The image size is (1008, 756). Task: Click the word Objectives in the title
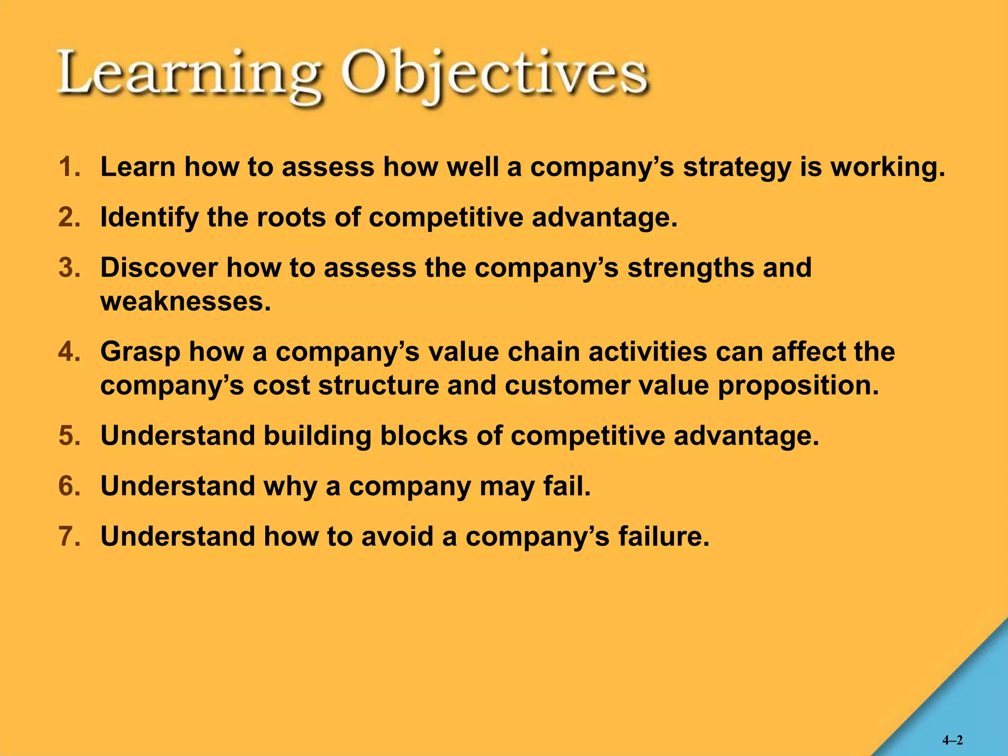coord(495,76)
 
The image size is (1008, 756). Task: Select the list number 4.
coord(69,352)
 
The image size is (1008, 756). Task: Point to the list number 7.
coord(69,536)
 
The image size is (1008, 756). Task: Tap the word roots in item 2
coord(291,217)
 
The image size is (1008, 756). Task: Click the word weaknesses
coord(185,301)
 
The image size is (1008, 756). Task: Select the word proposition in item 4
coord(798,385)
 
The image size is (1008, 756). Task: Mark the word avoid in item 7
coord(397,536)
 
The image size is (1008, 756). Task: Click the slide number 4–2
coord(952,740)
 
